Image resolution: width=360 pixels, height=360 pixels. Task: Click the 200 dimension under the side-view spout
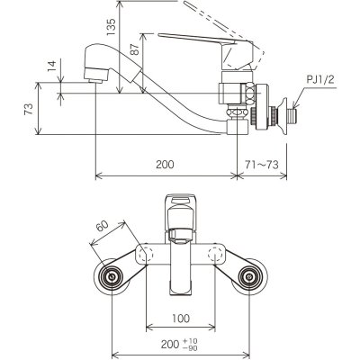coord(164,166)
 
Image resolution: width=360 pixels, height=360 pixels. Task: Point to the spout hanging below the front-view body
coord(181,270)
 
